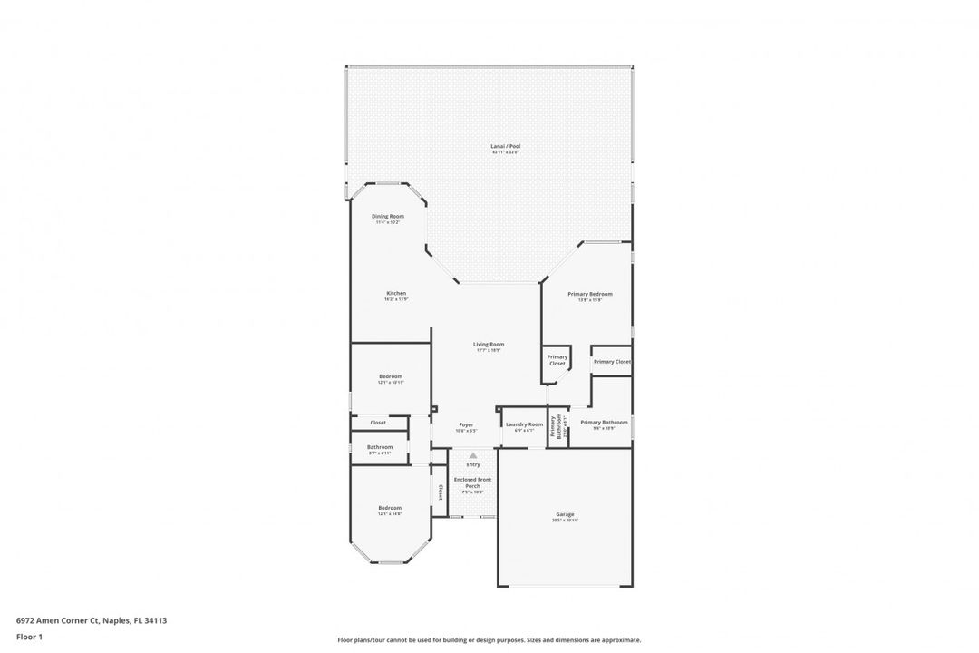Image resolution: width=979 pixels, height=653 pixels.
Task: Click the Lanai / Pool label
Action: (506, 146)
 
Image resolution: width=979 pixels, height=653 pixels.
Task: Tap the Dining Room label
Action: (388, 217)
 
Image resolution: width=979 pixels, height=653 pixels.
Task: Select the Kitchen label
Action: (396, 294)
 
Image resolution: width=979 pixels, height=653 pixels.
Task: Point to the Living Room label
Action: (489, 345)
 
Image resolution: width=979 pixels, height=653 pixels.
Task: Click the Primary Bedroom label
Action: (590, 294)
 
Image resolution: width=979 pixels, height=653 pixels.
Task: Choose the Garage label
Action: (565, 515)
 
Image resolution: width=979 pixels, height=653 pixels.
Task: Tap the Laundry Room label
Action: (524, 424)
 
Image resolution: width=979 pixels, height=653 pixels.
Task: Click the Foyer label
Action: (466, 424)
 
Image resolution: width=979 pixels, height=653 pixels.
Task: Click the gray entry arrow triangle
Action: (472, 454)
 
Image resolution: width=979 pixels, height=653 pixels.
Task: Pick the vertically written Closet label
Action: (441, 492)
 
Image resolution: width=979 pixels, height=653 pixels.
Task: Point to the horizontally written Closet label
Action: (378, 423)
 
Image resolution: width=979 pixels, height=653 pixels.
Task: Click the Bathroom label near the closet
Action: (380, 447)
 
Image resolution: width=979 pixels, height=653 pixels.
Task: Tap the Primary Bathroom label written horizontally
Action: (604, 423)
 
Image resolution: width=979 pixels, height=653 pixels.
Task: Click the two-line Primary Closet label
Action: (557, 360)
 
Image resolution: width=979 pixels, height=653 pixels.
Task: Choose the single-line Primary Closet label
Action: (612, 362)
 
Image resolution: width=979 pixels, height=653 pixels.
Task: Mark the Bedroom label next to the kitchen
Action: (391, 376)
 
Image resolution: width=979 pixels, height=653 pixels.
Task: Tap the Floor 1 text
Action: (29, 637)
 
